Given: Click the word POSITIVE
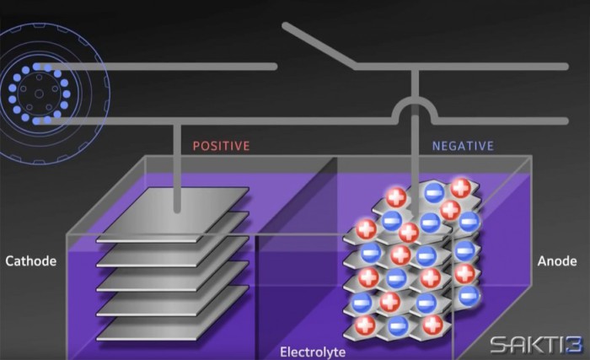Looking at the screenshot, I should [x=221, y=145].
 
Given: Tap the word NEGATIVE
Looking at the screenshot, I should [x=462, y=145].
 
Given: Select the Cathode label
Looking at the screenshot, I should [x=30, y=261].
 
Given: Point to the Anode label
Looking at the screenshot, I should [x=557, y=261].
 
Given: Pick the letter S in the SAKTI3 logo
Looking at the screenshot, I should [x=499, y=342].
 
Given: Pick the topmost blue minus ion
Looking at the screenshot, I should [x=432, y=191].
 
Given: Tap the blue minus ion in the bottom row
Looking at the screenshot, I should [x=400, y=325].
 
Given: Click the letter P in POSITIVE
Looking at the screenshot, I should [x=197, y=145].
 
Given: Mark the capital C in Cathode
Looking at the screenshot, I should [x=10, y=261].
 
